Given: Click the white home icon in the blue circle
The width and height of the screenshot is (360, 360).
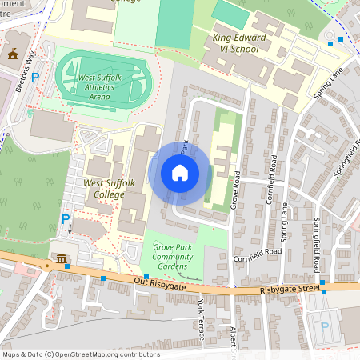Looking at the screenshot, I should pos(180,173).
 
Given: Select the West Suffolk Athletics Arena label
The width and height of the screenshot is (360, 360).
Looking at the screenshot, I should pos(106,86).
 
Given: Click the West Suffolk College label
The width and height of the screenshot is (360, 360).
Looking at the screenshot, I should pos(106,189).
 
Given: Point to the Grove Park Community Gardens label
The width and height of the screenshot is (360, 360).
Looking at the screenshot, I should pos(170,258).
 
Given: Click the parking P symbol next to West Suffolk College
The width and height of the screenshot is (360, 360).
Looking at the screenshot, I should pos(66,218).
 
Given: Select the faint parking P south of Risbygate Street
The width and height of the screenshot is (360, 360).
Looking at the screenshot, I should pos(324,326).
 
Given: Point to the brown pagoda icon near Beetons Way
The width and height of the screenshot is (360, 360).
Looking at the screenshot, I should pos(12,53).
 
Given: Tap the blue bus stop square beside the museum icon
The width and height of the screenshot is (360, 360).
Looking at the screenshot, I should pos(68,266).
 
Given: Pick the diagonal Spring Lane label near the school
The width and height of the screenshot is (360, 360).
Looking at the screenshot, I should pos(328,82).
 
